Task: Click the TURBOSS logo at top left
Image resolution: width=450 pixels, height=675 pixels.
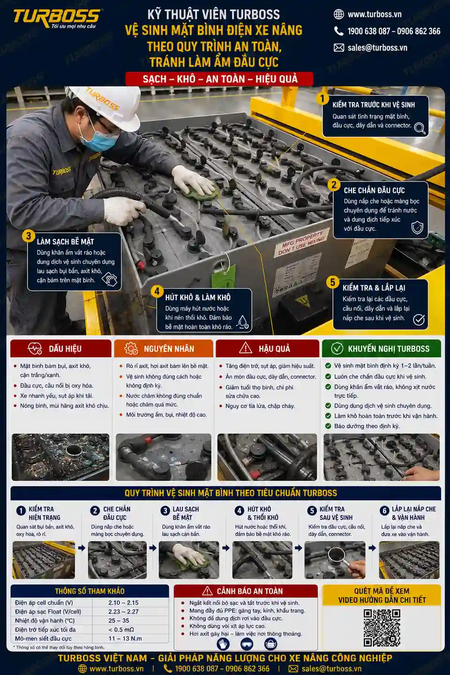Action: pos(56,19)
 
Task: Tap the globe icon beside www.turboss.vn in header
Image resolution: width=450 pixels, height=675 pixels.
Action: pos(339,14)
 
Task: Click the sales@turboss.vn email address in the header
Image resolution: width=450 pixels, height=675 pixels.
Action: pos(377,48)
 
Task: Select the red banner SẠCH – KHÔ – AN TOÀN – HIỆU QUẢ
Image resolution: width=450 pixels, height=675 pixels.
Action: pos(219,79)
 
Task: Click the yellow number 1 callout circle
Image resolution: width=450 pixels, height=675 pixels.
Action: pos(322,98)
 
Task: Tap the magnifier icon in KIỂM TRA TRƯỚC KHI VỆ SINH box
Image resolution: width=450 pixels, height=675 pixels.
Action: pos(420,128)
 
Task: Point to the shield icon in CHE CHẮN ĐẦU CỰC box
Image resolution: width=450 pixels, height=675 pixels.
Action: pos(417,227)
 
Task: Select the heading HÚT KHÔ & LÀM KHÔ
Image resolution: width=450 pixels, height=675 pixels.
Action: pos(198,297)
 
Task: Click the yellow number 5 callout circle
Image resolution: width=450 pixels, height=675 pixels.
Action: pos(332,282)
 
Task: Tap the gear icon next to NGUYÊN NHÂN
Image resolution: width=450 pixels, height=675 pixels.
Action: pos(131,348)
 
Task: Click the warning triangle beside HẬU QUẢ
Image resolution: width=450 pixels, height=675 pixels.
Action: pos(246,348)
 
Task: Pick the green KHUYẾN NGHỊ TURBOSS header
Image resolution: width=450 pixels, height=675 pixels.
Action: pos(381,348)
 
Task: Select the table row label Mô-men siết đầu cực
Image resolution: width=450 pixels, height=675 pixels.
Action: pos(44,638)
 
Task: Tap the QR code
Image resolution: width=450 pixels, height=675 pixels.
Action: pos(382,628)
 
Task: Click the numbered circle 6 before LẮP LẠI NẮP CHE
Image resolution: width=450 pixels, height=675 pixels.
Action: pos(384,510)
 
